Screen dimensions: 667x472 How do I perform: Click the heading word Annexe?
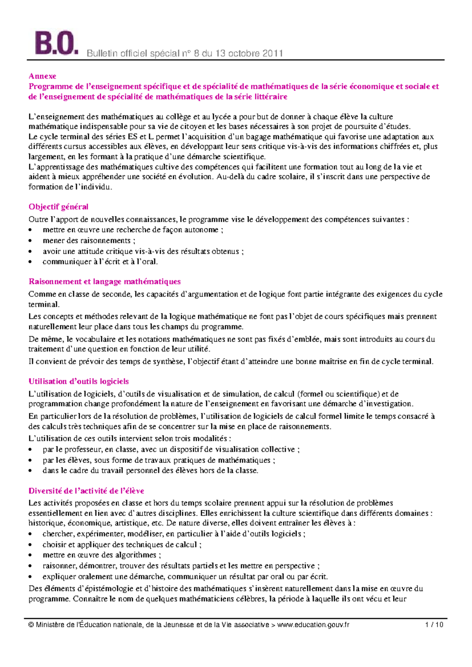[42, 76]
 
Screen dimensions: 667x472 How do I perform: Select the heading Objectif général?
[58, 207]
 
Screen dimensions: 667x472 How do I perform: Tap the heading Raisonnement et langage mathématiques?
[105, 282]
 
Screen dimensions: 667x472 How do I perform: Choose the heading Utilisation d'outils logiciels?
[79, 381]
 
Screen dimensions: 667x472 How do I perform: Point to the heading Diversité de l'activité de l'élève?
[86, 491]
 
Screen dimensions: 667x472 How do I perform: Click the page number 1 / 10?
[434, 625]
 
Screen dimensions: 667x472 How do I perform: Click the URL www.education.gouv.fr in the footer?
[313, 625]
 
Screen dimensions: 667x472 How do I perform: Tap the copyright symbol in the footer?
[31, 625]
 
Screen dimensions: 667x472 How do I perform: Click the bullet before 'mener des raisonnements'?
[31, 241]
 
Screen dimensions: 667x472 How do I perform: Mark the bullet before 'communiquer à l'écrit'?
[31, 262]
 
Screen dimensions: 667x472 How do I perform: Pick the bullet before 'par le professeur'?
[31, 450]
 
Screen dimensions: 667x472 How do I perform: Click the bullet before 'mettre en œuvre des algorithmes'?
[31, 556]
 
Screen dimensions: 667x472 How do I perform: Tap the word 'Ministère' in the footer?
[50, 625]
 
